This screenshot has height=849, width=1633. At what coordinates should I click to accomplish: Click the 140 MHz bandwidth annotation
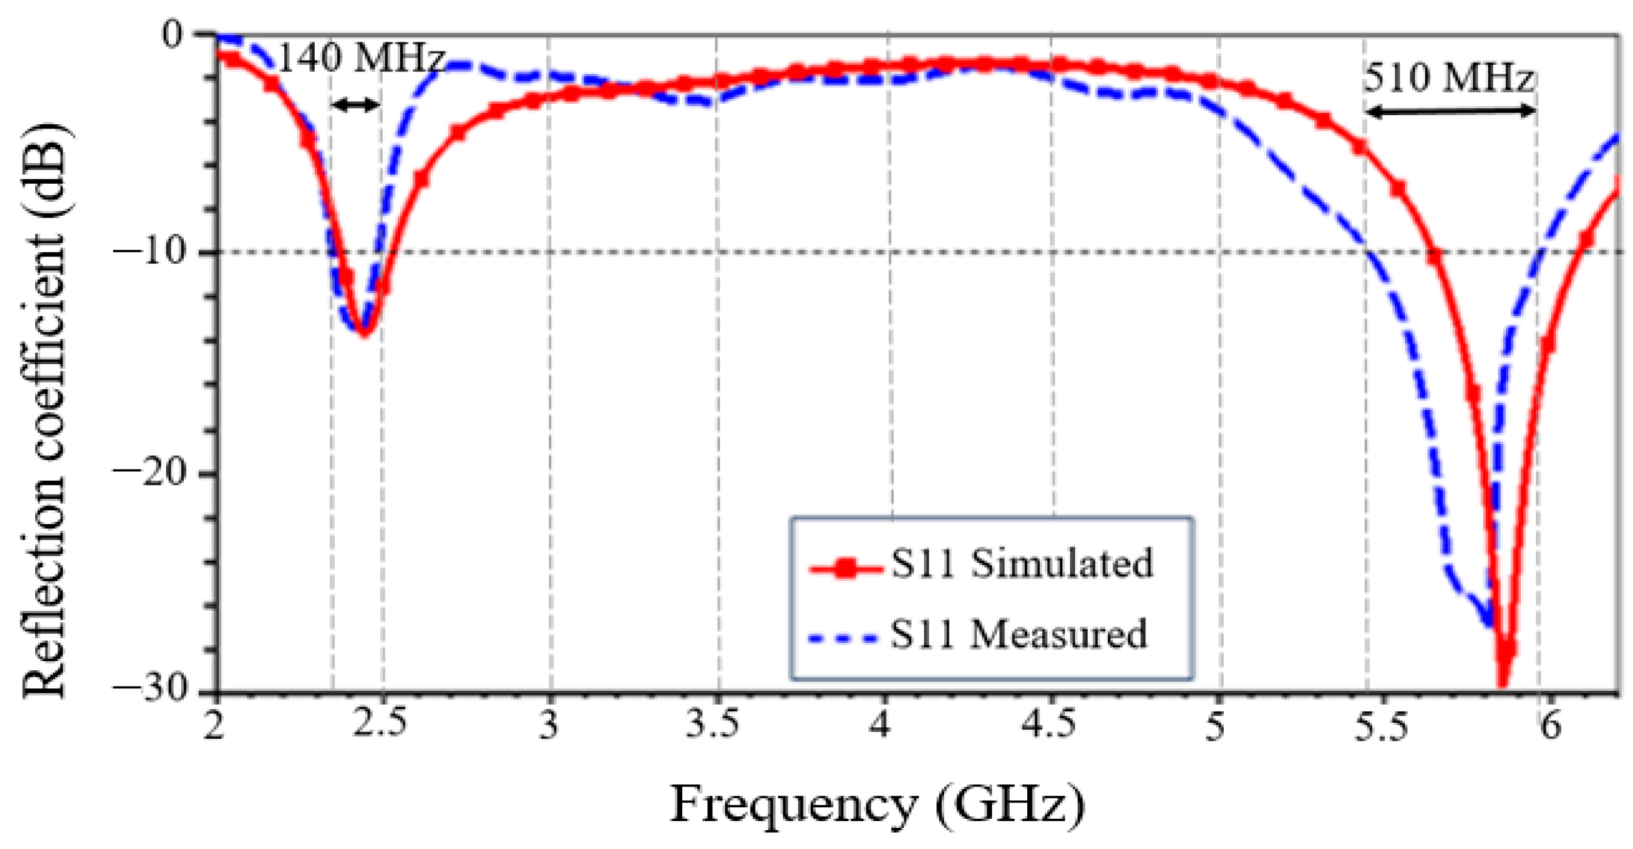click(x=360, y=58)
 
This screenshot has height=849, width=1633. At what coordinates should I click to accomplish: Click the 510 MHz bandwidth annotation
click(x=1448, y=79)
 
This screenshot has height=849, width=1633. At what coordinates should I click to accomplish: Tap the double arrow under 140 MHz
click(x=355, y=105)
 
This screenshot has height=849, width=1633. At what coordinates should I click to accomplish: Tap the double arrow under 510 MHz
click(x=1450, y=112)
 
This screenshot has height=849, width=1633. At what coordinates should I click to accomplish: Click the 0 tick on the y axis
click(x=172, y=33)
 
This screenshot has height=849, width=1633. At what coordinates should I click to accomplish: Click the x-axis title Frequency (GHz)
click(x=877, y=805)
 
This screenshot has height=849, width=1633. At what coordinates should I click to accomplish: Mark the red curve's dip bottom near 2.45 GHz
click(x=364, y=332)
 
